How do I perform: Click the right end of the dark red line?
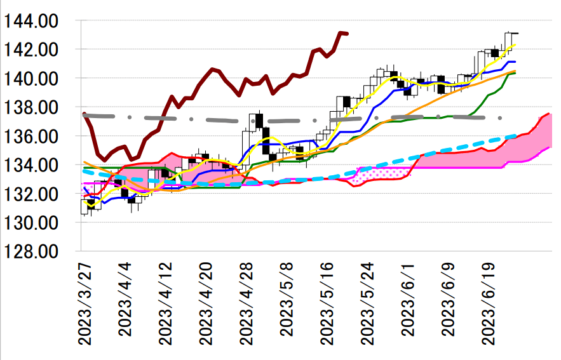(x=346, y=34)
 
